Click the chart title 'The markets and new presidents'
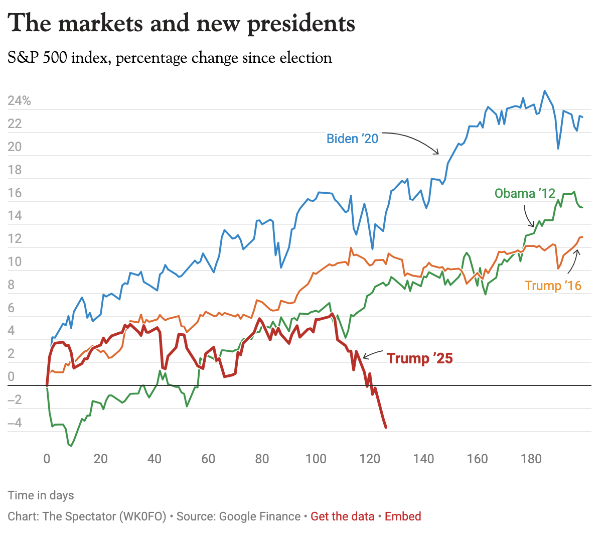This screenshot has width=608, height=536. click(x=182, y=24)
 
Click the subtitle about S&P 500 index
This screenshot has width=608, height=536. click(x=170, y=58)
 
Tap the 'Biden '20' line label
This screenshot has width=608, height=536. click(x=352, y=139)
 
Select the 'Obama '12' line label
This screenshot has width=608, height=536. click(x=525, y=193)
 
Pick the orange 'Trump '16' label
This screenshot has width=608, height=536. click(x=553, y=286)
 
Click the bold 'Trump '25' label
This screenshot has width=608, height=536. click(x=420, y=358)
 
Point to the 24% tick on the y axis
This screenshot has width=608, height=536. click(x=19, y=101)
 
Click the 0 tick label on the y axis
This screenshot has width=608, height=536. click(x=12, y=376)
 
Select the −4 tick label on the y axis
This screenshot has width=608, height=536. click(x=15, y=423)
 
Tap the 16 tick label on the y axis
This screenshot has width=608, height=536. click(x=15, y=193)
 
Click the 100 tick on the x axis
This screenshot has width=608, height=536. click(x=316, y=459)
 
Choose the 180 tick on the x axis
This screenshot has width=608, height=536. click(x=531, y=459)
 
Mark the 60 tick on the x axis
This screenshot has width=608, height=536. click(x=208, y=459)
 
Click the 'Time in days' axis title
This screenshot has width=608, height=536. click(x=41, y=495)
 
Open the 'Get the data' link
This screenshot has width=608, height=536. click(x=343, y=516)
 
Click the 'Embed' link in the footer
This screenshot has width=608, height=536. click(x=403, y=516)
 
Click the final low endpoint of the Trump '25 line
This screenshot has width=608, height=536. click(x=386, y=428)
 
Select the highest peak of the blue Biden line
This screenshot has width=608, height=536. click(x=545, y=91)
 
